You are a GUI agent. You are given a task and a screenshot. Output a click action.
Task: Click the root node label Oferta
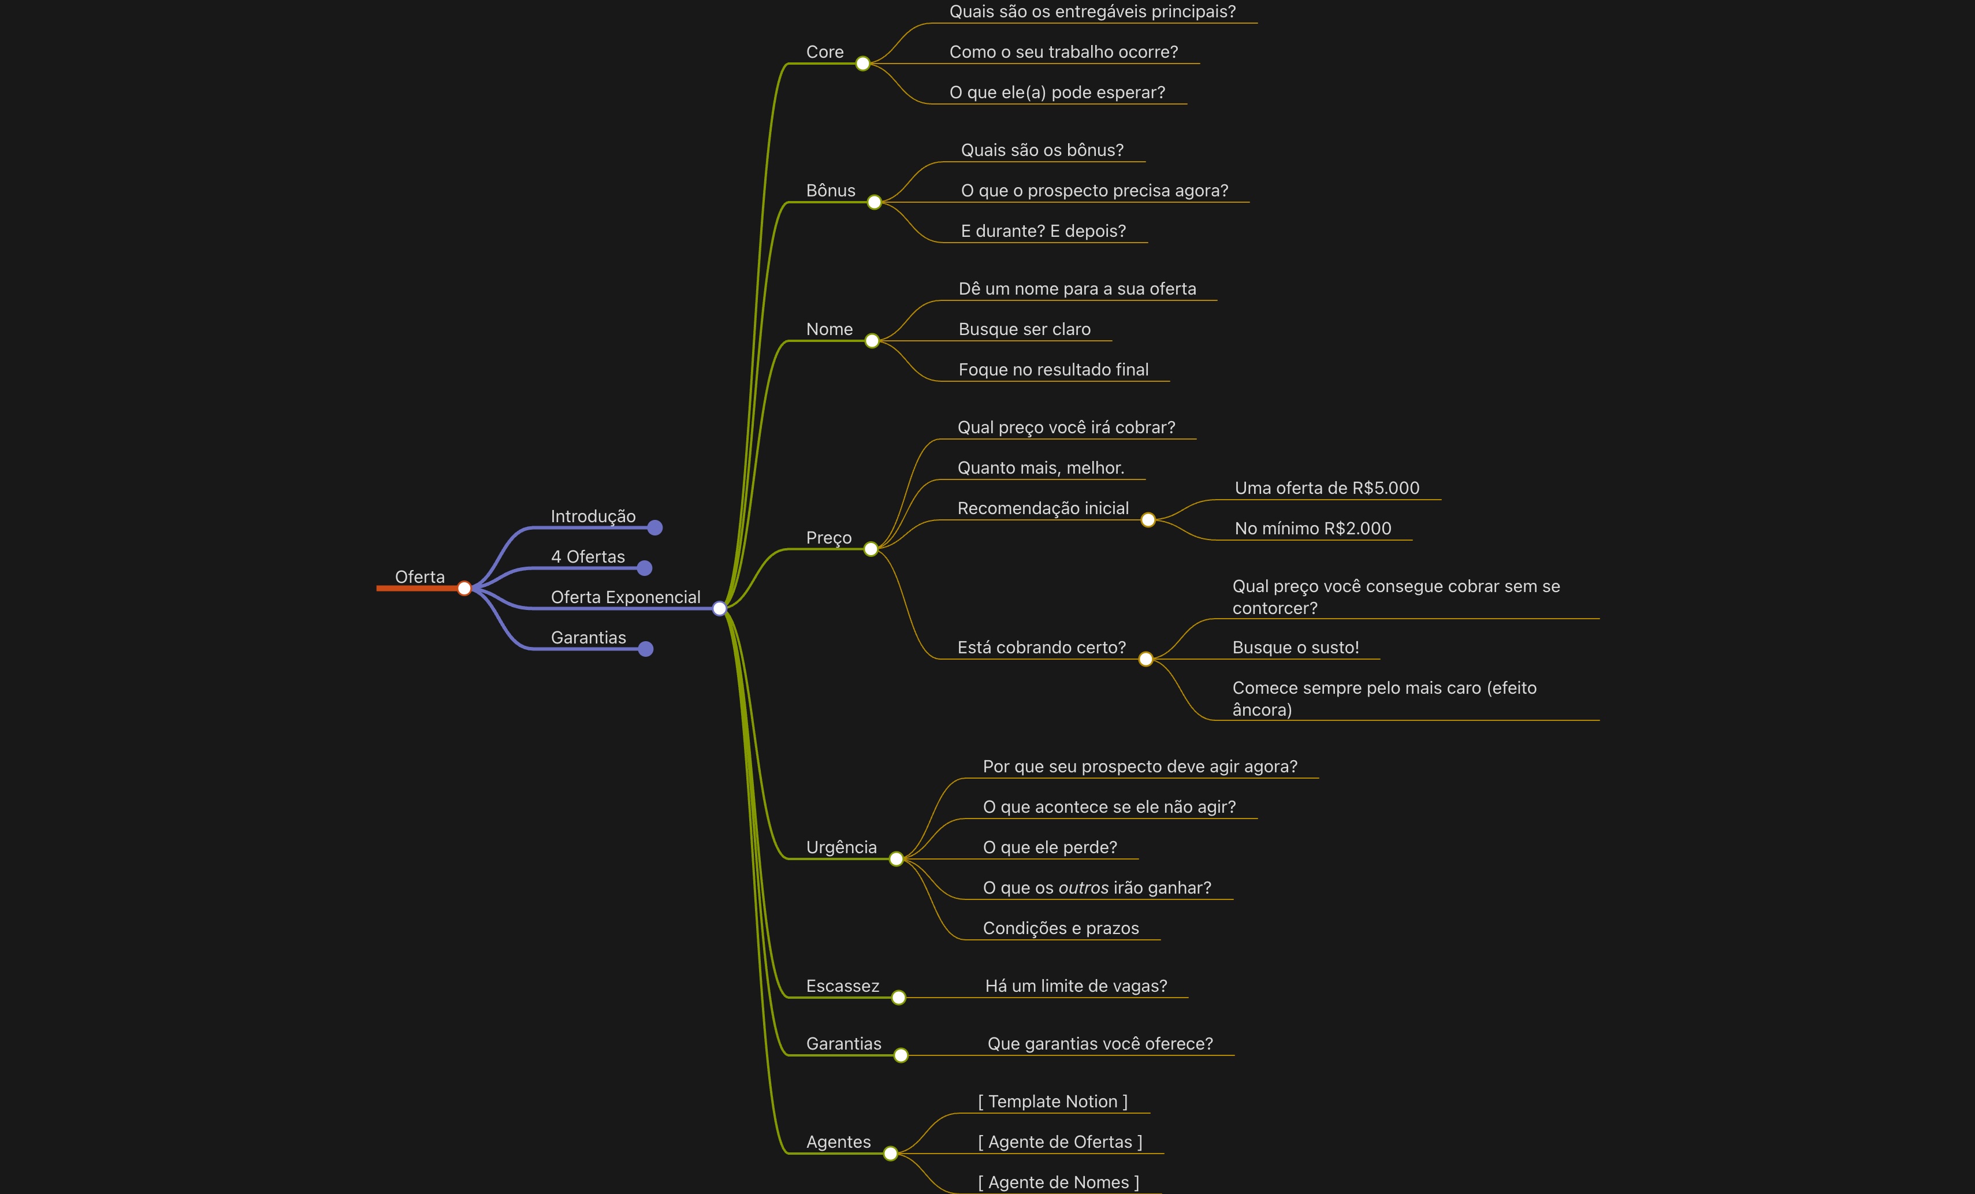coord(419,577)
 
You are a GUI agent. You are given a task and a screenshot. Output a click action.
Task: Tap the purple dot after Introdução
coord(655,527)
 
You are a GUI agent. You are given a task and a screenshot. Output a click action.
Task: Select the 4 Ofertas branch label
coord(587,557)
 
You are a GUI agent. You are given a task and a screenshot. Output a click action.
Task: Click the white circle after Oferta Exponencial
coord(719,608)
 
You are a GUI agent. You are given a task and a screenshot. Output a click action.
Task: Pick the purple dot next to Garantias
coord(646,649)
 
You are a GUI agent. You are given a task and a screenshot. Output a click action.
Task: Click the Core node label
coord(825,52)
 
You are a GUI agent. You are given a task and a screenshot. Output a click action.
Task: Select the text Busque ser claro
coord(1024,329)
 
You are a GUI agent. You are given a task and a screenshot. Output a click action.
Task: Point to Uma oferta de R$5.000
coord(1326,488)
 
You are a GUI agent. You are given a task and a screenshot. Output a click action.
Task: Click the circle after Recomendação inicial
coord(1148,520)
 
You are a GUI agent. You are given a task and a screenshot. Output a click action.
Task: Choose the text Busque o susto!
coord(1295,648)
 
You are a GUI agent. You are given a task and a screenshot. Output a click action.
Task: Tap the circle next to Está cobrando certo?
coord(1145,659)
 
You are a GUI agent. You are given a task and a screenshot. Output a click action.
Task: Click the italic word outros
coord(1084,888)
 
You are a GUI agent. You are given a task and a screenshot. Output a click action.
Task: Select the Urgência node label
coord(841,847)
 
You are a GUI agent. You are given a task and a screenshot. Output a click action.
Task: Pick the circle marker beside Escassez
coord(898,998)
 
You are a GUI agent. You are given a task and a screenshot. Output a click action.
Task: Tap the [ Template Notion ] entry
coord(1052,1102)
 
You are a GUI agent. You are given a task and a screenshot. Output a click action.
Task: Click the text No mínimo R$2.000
coord(1312,529)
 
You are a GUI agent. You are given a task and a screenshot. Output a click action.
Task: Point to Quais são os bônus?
coord(1042,151)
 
